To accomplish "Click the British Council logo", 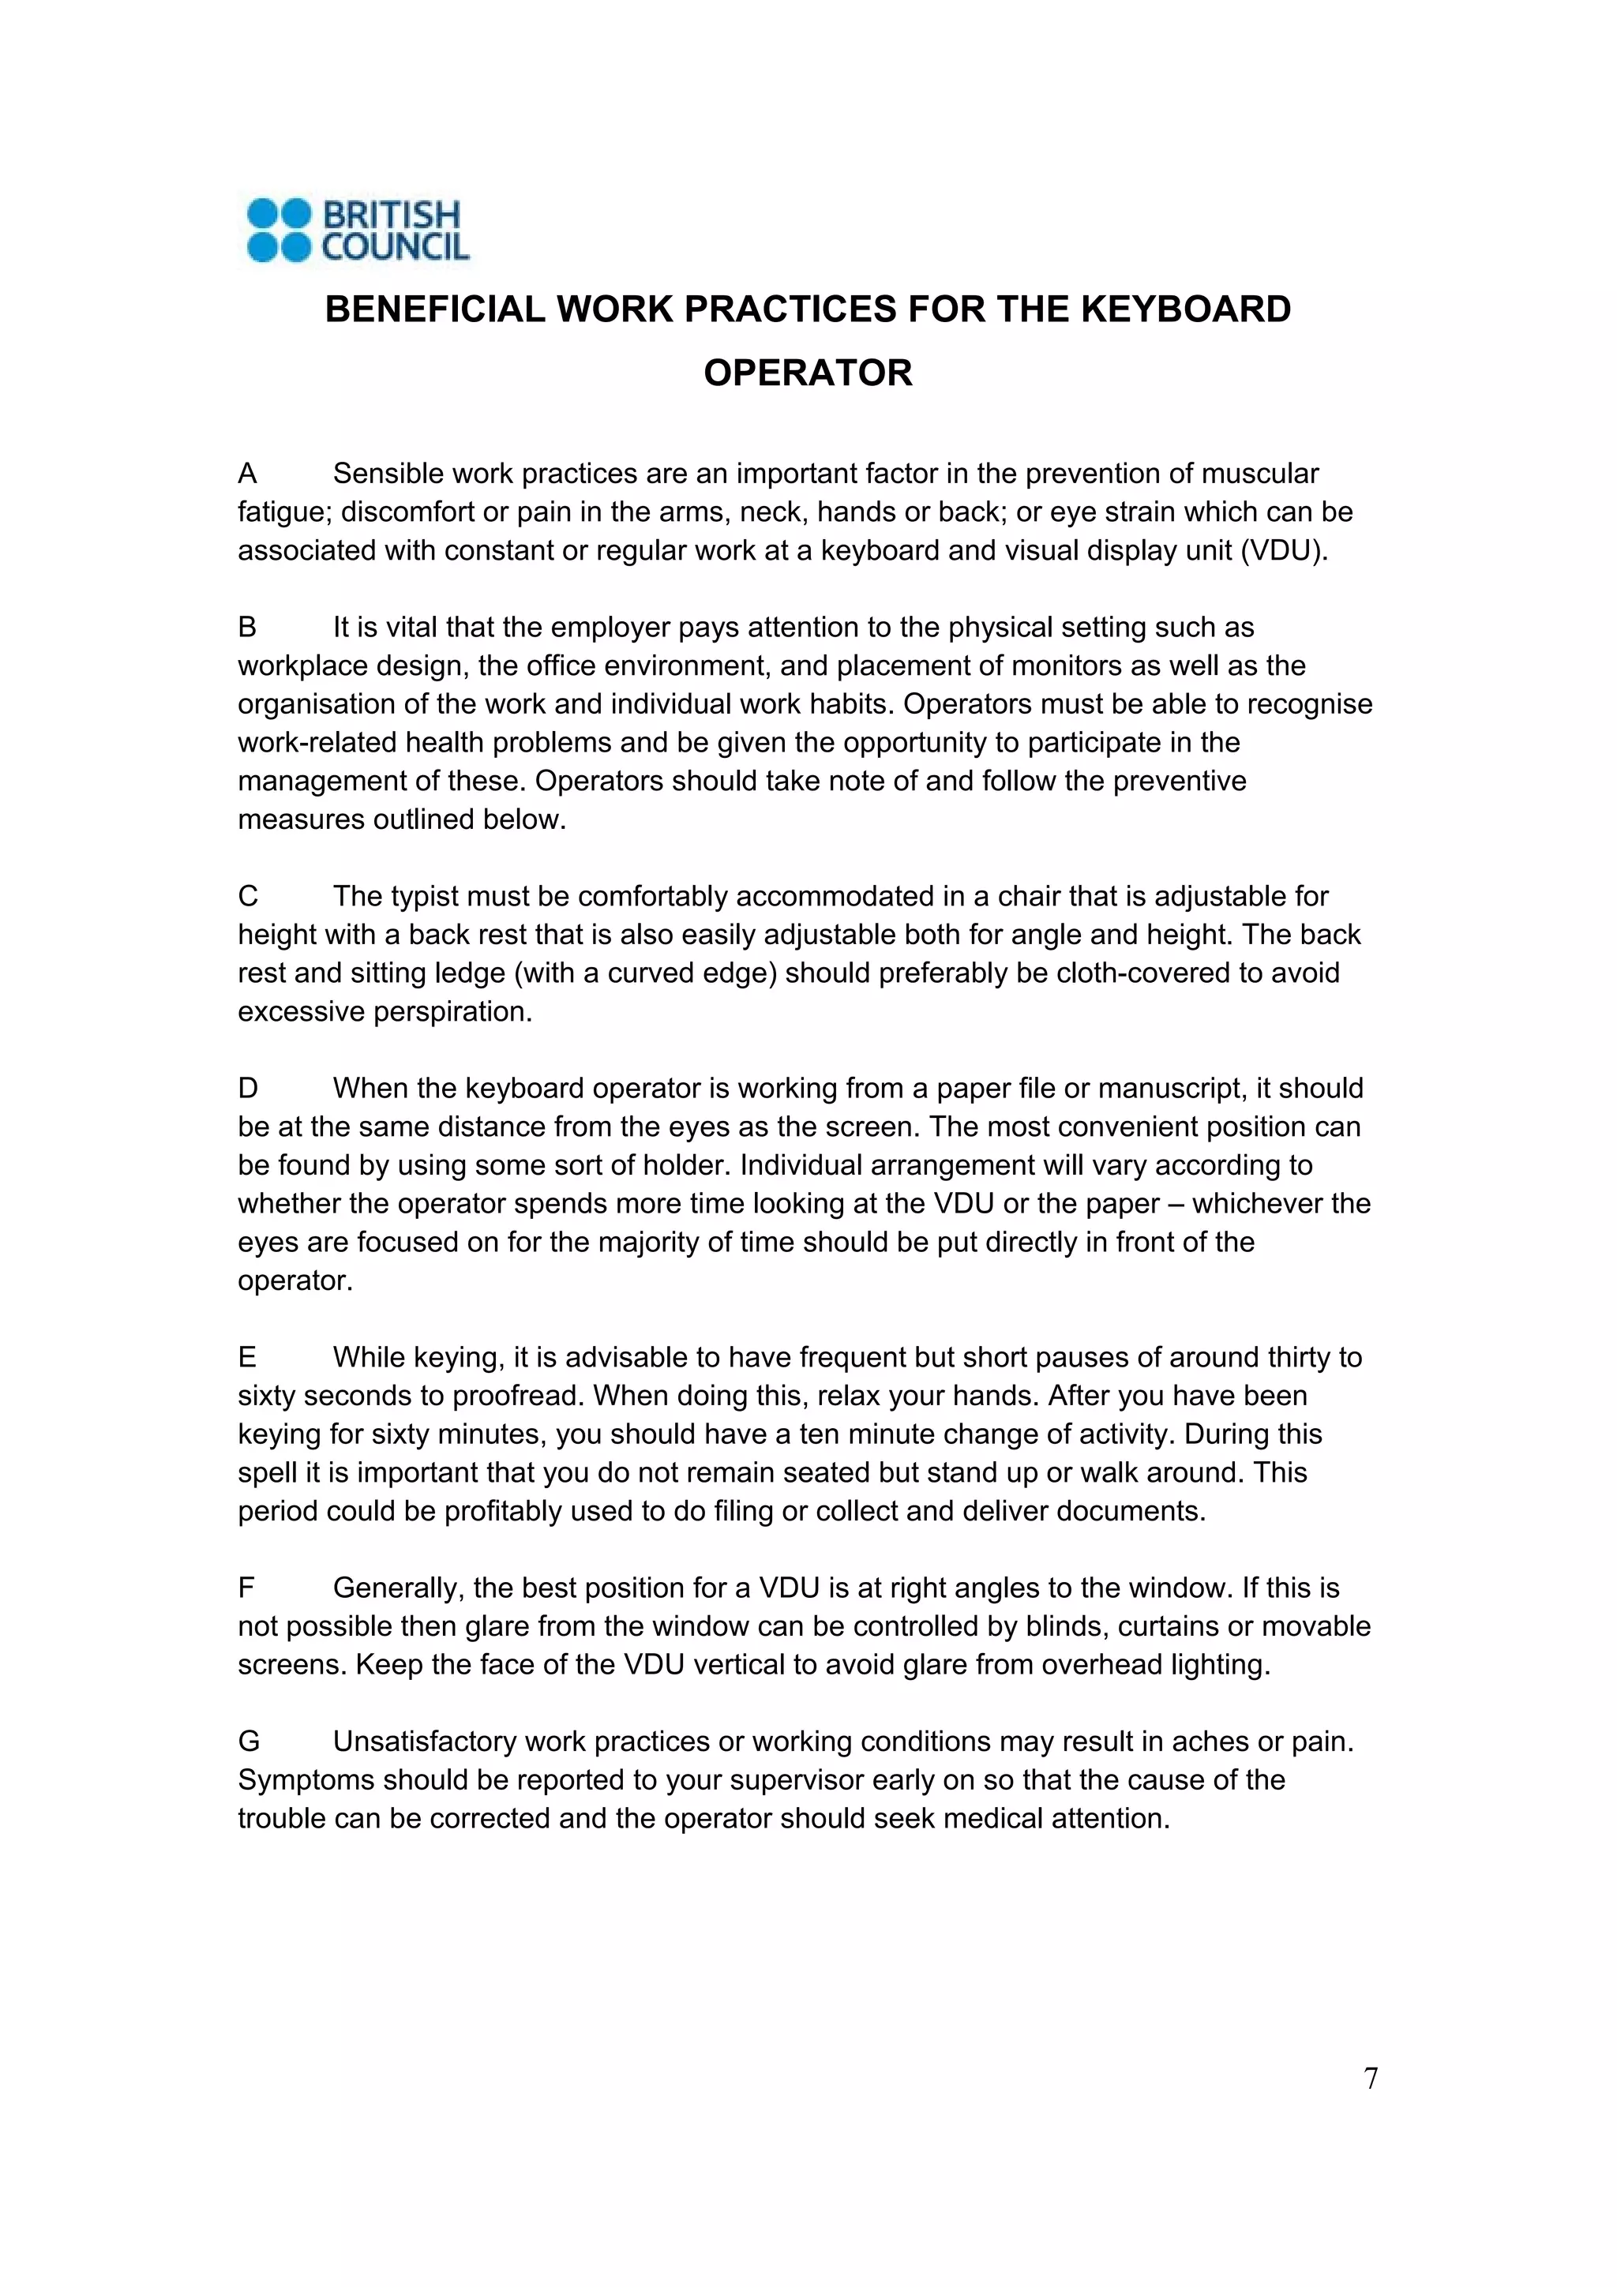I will [x=358, y=230].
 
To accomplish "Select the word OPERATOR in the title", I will [x=808, y=373].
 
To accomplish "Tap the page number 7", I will [x=1370, y=2079].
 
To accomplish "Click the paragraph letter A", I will [x=248, y=474].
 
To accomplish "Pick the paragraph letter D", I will [x=248, y=1089].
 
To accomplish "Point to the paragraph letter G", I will [x=249, y=1741].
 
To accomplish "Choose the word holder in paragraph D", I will [x=684, y=1165].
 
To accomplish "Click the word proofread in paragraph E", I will [x=518, y=1397].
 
